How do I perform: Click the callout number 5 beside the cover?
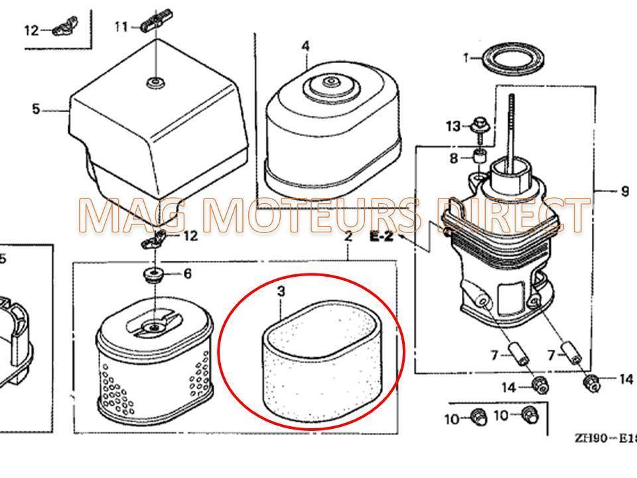click(36, 109)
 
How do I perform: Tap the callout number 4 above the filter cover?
click(305, 46)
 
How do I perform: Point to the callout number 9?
click(624, 191)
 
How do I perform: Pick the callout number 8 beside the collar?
click(454, 158)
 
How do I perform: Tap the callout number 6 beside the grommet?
click(187, 273)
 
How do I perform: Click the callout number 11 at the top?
click(120, 27)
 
